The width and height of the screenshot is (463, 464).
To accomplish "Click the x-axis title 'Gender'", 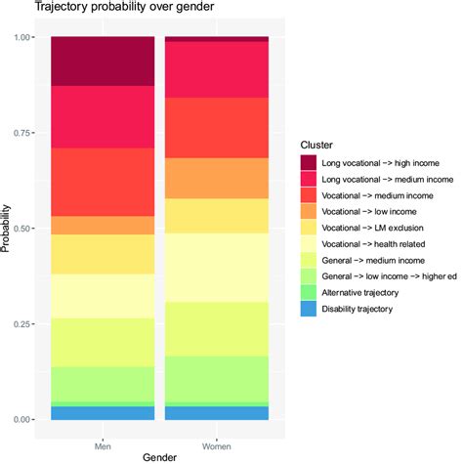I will coord(159,455).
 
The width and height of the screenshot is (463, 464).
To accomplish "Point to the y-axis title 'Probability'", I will coord(9,229).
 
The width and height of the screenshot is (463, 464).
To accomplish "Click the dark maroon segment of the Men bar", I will coord(103,61).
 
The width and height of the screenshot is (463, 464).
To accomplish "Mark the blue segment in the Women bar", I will coord(216,413).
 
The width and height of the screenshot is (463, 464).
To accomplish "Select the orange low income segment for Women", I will coord(216,178).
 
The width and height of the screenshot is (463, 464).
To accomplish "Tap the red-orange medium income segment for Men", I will coord(103,182).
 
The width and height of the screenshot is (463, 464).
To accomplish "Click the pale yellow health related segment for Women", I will coord(216,266).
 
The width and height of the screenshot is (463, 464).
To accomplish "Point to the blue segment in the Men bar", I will coord(103,413).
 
